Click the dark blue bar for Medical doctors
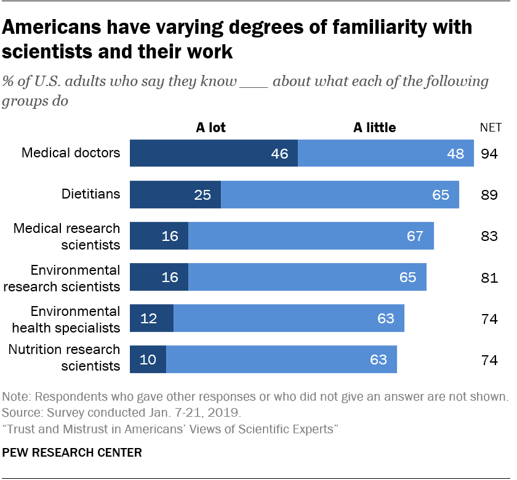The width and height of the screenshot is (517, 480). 214,153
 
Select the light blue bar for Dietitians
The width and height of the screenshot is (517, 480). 340,195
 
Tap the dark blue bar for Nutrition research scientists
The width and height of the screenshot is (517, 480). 148,360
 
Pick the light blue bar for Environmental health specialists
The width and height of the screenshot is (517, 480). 289,318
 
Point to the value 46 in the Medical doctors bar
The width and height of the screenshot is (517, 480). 279,154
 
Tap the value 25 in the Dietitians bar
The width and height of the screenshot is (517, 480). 202,195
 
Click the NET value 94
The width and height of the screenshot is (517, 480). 489,154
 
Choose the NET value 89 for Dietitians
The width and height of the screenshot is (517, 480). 489,195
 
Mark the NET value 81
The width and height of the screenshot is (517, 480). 489,278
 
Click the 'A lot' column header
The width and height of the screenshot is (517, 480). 210,128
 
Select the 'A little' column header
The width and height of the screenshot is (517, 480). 374,128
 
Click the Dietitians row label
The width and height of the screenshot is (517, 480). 90,194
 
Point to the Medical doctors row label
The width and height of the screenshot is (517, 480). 71,152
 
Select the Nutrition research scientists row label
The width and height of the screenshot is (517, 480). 64,358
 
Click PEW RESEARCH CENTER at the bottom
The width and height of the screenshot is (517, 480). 73,453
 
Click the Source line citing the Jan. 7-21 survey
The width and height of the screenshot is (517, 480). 123,412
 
